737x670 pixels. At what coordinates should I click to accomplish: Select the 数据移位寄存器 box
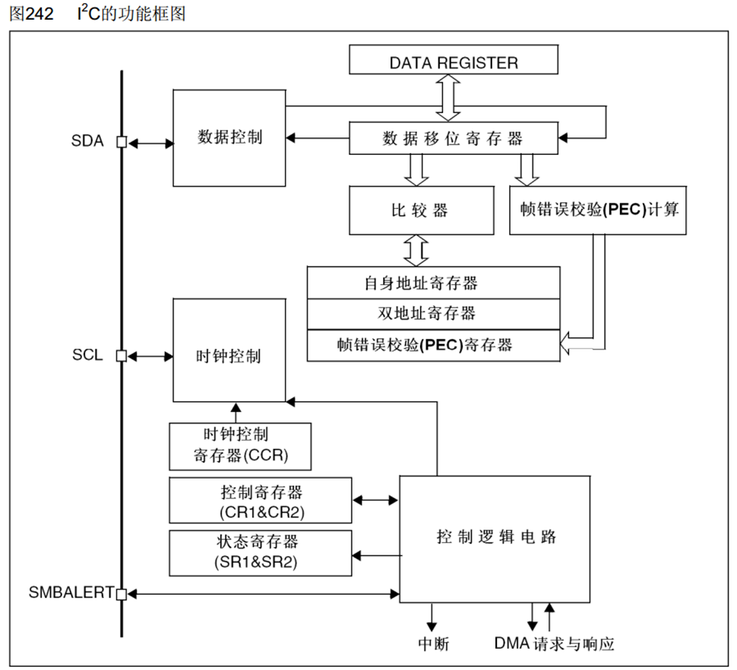pyautogui.click(x=453, y=138)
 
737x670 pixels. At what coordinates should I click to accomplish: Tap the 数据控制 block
pyautogui.click(x=229, y=137)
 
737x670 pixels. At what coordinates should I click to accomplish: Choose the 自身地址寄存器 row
pyautogui.click(x=433, y=283)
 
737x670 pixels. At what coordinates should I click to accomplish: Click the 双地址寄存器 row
pyautogui.click(x=433, y=313)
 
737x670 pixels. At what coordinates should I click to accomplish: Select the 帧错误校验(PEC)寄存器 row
pyautogui.click(x=433, y=345)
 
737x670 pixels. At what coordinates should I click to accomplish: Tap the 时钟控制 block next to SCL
pyautogui.click(x=229, y=355)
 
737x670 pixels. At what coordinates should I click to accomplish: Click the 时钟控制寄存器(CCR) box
pyautogui.click(x=240, y=445)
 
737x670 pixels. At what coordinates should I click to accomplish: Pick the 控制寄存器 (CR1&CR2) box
pyautogui.click(x=261, y=501)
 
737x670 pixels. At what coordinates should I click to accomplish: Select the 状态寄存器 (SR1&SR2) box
pyautogui.click(x=261, y=552)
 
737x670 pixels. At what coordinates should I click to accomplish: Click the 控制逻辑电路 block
pyautogui.click(x=495, y=538)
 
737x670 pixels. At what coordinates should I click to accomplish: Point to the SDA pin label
pyautogui.click(x=87, y=142)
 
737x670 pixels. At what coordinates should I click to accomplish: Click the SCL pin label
pyautogui.click(x=87, y=356)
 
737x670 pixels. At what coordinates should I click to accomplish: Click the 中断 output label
pyautogui.click(x=434, y=644)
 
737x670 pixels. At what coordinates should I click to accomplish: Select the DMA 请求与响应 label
pyautogui.click(x=553, y=644)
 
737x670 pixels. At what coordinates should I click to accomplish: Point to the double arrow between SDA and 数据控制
pyautogui.click(x=150, y=142)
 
